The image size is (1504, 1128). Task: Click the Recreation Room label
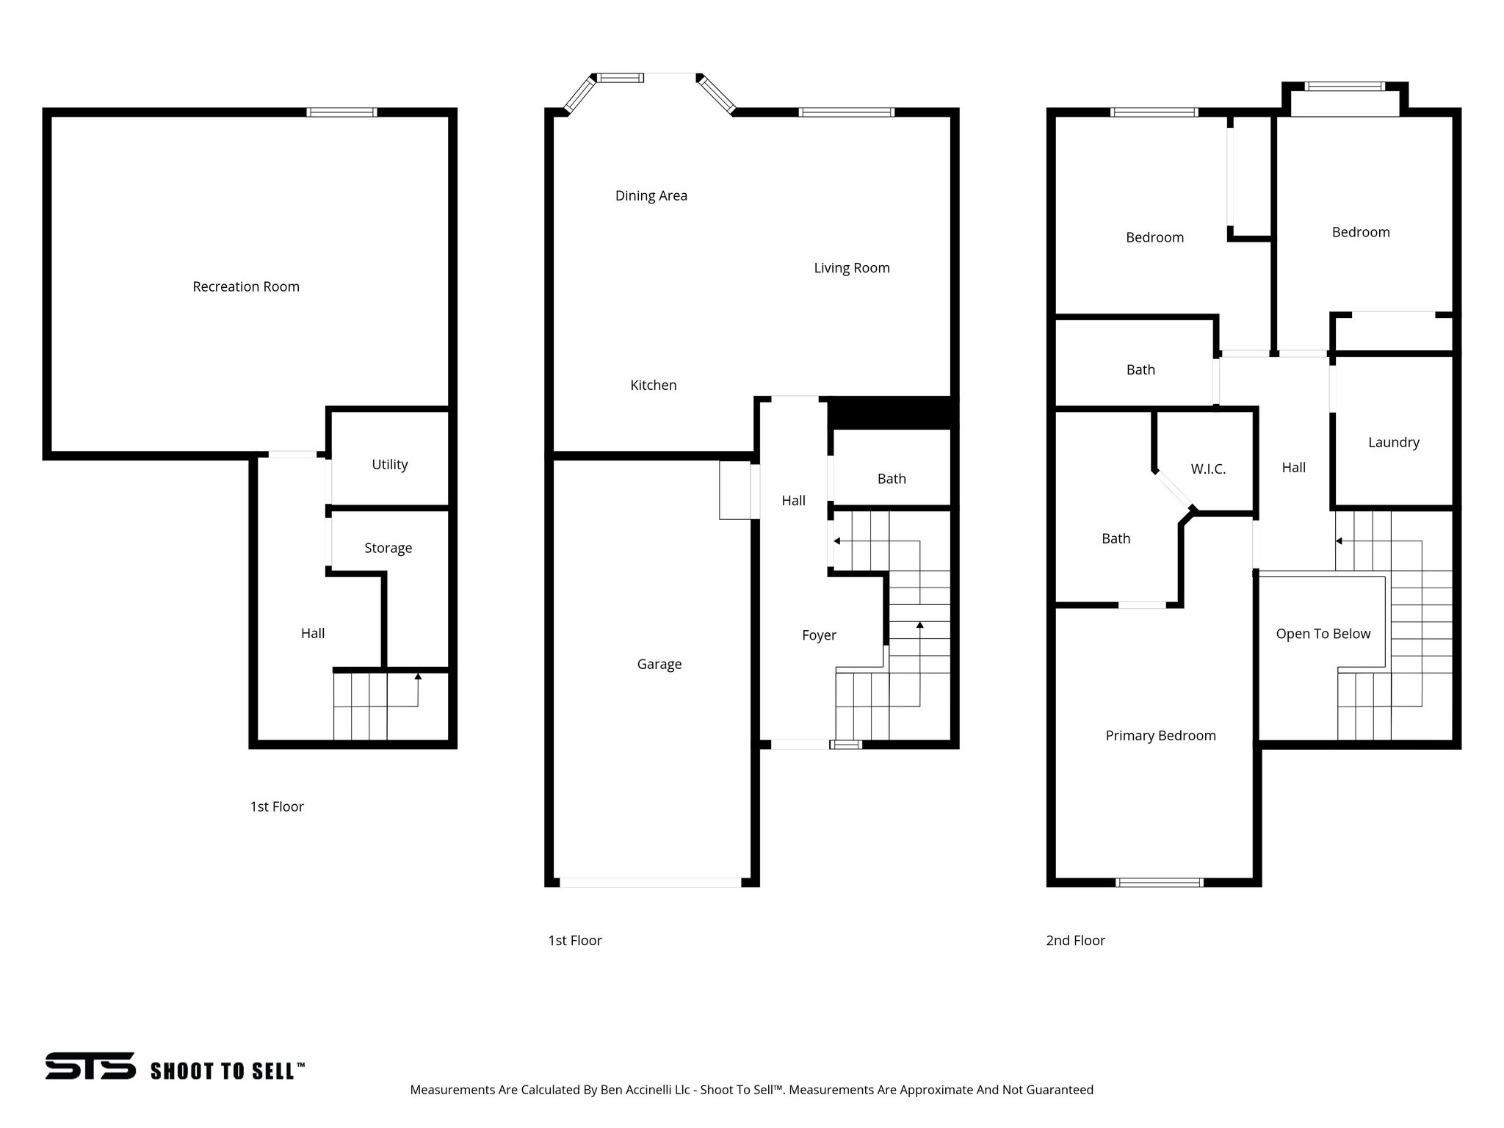(x=246, y=286)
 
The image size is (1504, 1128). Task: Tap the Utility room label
(x=389, y=464)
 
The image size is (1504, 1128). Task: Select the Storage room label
(x=388, y=548)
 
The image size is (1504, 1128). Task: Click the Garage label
(x=659, y=664)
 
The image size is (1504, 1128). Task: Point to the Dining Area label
(x=651, y=195)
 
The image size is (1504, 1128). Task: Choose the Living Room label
(x=851, y=268)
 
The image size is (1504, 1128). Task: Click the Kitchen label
(x=653, y=385)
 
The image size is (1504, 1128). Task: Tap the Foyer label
(x=819, y=635)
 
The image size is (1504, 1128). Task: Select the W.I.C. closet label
(x=1208, y=469)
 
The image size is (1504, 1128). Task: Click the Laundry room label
(x=1393, y=442)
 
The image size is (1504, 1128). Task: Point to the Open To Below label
(x=1323, y=634)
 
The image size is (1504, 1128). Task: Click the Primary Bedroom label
(x=1160, y=735)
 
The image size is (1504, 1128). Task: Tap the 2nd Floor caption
(x=1075, y=940)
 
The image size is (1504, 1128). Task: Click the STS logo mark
(x=90, y=1066)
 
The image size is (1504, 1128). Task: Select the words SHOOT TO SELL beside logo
(x=227, y=1071)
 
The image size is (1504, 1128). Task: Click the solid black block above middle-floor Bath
(x=892, y=413)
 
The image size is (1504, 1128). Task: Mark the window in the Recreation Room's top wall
(x=341, y=112)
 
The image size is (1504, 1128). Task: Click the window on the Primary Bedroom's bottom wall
(x=1160, y=882)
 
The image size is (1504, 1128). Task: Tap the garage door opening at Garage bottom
(x=650, y=882)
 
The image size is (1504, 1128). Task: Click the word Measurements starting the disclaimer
(x=452, y=1090)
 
